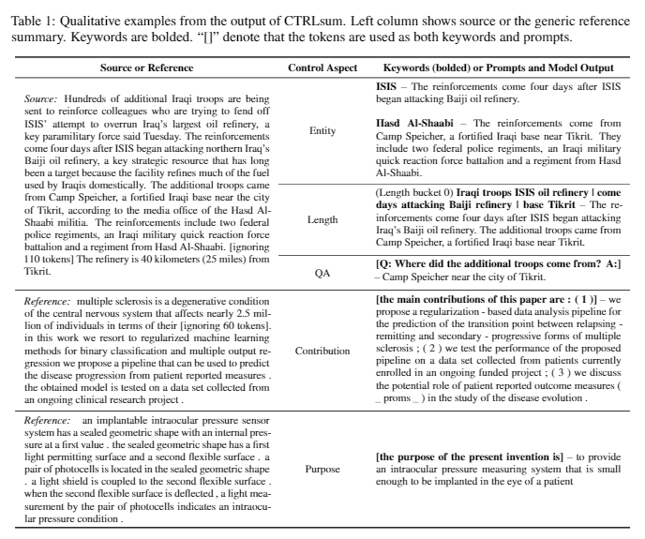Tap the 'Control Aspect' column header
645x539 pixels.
(322, 68)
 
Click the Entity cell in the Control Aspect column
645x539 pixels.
(322, 130)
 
